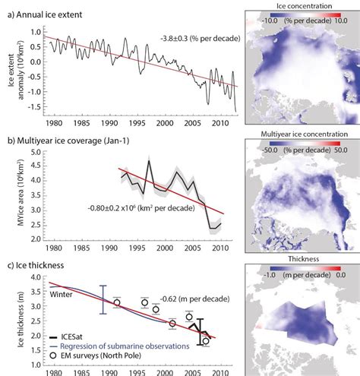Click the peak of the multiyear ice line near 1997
149,160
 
